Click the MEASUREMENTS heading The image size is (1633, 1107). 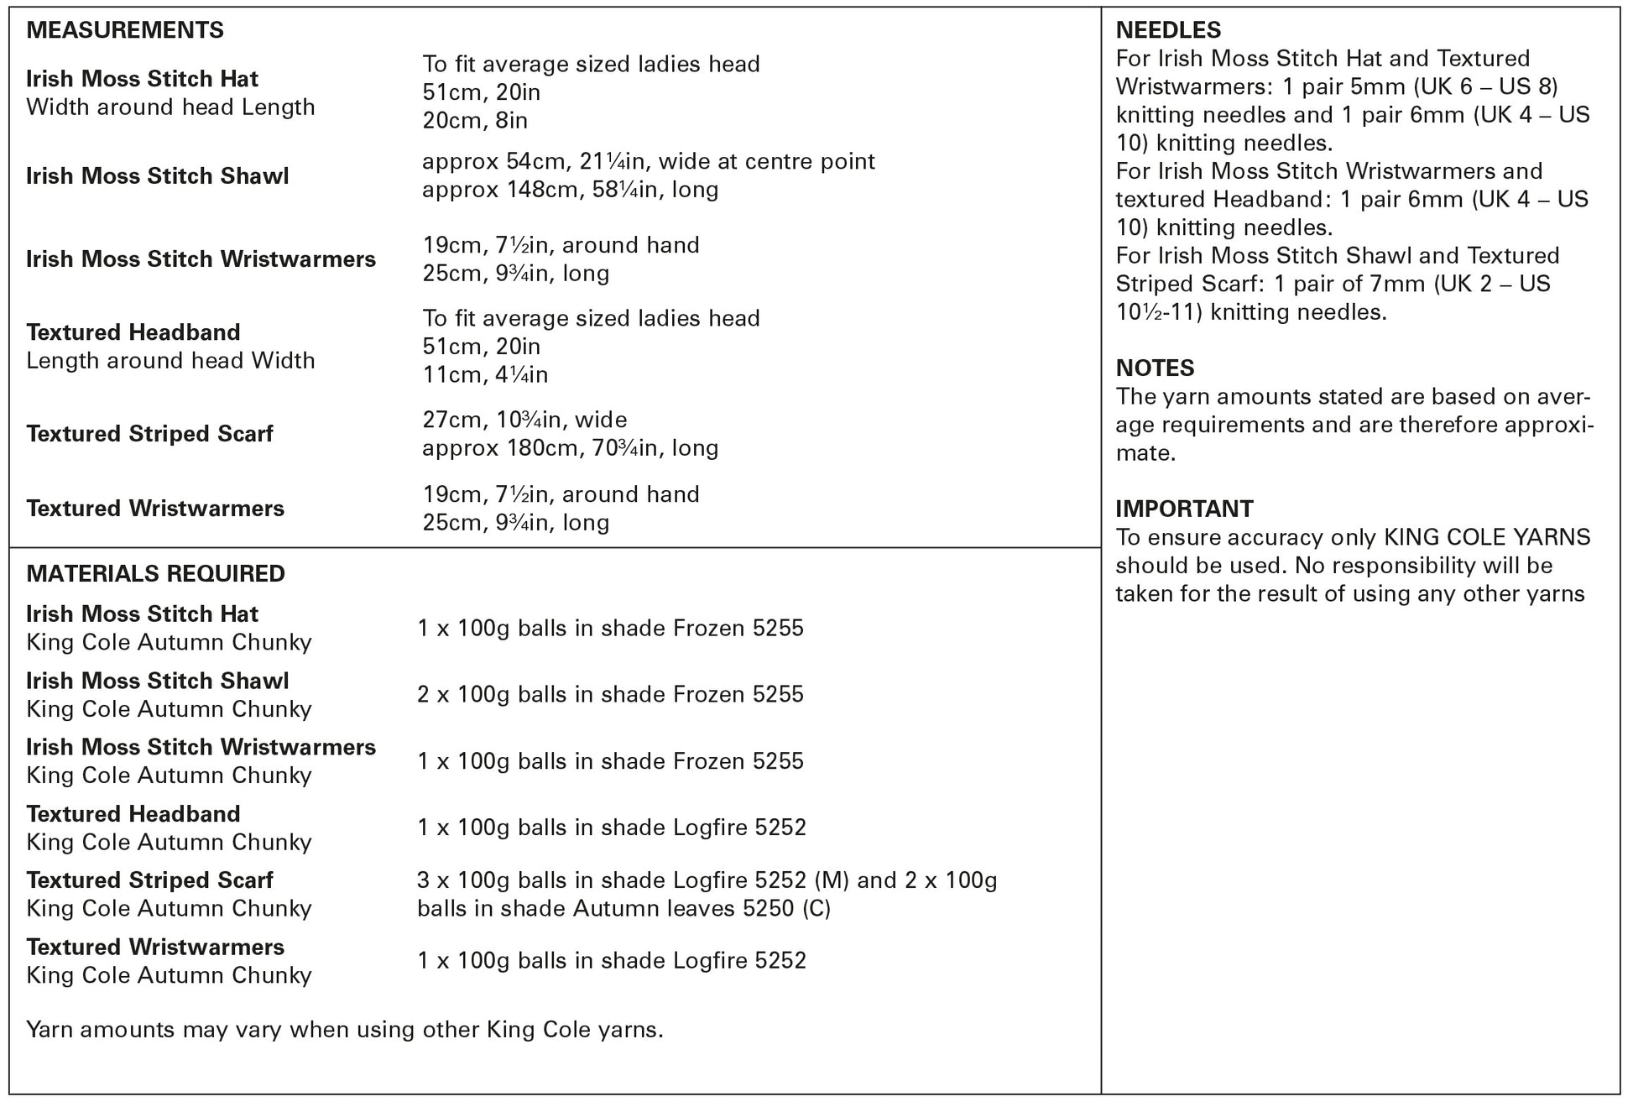pos(125,30)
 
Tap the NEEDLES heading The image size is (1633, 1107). pos(1168,30)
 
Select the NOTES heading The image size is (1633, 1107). pos(1155,368)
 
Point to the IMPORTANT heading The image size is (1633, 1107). pos(1184,509)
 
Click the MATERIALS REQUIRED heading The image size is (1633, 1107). pos(155,574)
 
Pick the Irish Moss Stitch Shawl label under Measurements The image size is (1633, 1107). pos(157,176)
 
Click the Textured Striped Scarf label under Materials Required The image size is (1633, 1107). pos(149,880)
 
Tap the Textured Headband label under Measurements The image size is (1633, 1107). pos(133,332)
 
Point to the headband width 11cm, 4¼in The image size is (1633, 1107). pos(485,374)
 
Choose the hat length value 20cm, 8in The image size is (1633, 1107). pos(475,121)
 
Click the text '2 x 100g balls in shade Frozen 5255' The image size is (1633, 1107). pos(610,695)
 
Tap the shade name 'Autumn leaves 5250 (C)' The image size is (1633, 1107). pos(702,909)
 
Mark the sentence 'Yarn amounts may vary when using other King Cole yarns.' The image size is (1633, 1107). pos(344,1030)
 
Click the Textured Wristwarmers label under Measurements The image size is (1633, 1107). pos(155,509)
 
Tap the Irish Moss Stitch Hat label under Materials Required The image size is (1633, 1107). pos(142,614)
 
